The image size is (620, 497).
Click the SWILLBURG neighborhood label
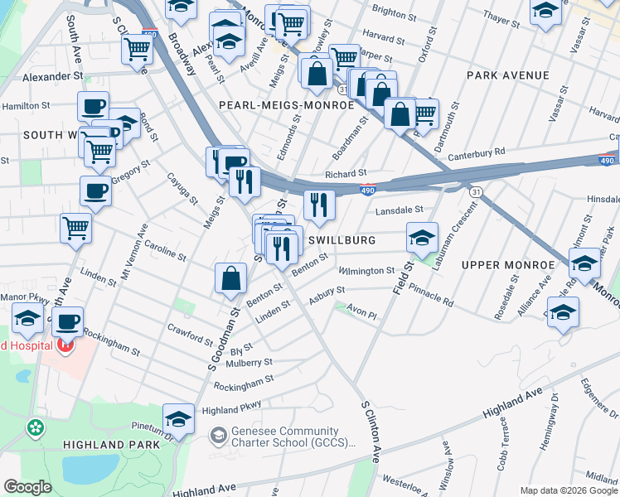pyautogui.click(x=342, y=240)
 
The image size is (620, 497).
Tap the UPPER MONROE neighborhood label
pyautogui.click(x=506, y=265)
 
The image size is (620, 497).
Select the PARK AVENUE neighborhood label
pyautogui.click(x=507, y=75)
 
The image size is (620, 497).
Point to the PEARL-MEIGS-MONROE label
pyautogui.click(x=286, y=106)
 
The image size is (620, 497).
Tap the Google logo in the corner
pyautogui.click(x=27, y=487)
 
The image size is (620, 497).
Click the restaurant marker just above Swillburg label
pyautogui.click(x=319, y=205)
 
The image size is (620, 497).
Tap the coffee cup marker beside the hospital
pyautogui.click(x=70, y=321)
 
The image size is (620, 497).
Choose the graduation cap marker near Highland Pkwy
pyautogui.click(x=178, y=418)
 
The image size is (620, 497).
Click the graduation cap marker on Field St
pyautogui.click(x=422, y=238)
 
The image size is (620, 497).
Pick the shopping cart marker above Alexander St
pyautogui.click(x=137, y=47)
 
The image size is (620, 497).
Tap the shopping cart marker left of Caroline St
pyautogui.click(x=75, y=227)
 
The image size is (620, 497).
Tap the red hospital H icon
pyautogui.click(x=63, y=345)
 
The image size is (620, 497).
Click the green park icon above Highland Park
pyautogui.click(x=36, y=428)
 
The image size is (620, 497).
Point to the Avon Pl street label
pyautogui.click(x=361, y=315)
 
